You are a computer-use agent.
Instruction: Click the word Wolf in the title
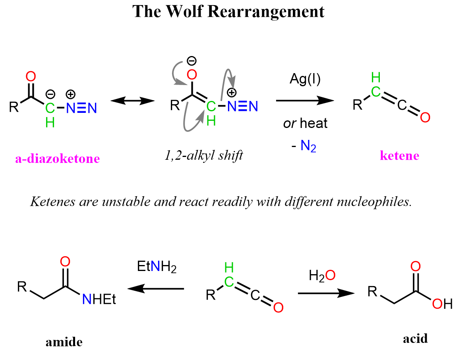click(x=184, y=12)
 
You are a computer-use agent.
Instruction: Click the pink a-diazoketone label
click(x=57, y=159)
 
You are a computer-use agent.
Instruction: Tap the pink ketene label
click(x=399, y=155)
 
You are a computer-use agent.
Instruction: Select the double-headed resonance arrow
click(x=132, y=101)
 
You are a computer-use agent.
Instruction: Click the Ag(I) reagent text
click(x=305, y=79)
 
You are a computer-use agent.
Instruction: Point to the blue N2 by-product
click(x=308, y=146)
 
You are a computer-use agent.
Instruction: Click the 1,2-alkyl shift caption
click(x=204, y=155)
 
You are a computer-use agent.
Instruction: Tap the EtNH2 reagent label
click(x=157, y=267)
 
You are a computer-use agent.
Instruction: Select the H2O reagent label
click(x=322, y=276)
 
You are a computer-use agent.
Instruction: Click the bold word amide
click(x=64, y=342)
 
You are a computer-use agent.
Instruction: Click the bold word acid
click(x=415, y=339)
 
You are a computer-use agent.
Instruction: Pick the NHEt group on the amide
click(x=99, y=299)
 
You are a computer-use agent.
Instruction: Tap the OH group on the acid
click(x=442, y=304)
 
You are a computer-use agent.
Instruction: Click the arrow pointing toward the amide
click(x=156, y=288)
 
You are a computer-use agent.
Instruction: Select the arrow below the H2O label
click(x=326, y=293)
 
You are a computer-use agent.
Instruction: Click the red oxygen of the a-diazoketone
click(x=31, y=77)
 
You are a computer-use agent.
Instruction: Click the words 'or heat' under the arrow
click(x=305, y=123)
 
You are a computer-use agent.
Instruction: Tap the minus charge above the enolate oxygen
click(x=192, y=61)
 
